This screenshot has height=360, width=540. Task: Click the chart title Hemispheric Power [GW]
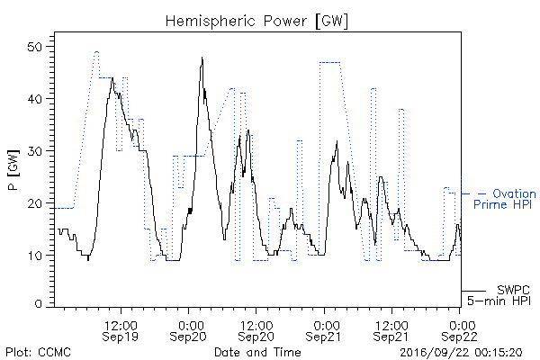coord(256,22)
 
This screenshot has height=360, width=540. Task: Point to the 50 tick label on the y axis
coord(35,47)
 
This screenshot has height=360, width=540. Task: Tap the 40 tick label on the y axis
coord(35,99)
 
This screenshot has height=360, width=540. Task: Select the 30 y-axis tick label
coord(35,151)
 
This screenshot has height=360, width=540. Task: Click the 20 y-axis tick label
coord(35,203)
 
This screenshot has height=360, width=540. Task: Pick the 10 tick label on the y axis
coord(35,256)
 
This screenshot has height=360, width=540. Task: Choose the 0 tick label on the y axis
coord(39,304)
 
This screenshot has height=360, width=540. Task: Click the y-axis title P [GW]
coord(13,170)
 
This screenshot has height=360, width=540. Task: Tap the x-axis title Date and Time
coord(257,352)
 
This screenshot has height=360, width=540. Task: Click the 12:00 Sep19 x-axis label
coord(121,330)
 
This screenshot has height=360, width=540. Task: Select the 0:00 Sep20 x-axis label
coord(188,330)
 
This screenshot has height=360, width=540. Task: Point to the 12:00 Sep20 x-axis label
coord(256,330)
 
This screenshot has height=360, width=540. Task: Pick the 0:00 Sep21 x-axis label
coord(323,330)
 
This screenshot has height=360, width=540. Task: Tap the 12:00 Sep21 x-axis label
coord(391,330)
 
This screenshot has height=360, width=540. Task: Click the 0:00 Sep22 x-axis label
coord(459,330)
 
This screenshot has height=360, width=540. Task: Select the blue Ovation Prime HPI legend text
coord(504,199)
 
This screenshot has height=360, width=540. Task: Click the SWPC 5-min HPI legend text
coord(499,295)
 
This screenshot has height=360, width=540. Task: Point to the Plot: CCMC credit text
coord(38,352)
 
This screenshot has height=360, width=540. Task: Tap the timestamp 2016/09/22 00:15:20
coord(461,353)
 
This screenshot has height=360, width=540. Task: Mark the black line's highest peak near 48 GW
coord(202,58)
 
